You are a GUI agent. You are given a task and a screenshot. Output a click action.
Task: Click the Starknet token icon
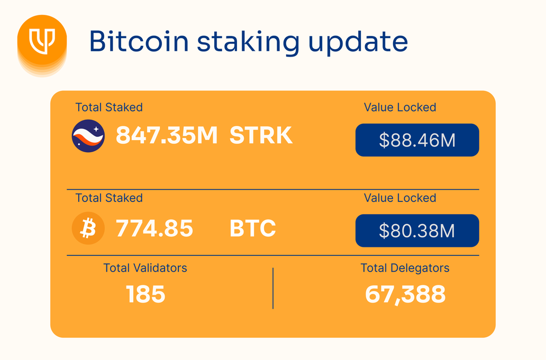click(x=88, y=136)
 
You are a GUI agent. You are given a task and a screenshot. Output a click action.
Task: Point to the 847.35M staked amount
click(x=167, y=136)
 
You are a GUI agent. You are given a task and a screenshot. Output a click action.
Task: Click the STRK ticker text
click(x=261, y=136)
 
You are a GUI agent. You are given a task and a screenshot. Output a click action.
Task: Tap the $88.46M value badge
click(x=417, y=140)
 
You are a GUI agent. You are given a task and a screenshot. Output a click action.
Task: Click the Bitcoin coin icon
click(x=88, y=229)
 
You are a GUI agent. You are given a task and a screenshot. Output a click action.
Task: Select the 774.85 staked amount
click(x=154, y=229)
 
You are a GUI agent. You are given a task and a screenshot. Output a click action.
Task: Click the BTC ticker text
click(x=253, y=229)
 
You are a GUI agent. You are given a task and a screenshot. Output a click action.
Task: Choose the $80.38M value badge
click(x=417, y=231)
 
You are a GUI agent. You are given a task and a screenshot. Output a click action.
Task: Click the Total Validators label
click(x=145, y=268)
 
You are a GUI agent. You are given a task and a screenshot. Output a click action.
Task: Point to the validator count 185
click(x=145, y=294)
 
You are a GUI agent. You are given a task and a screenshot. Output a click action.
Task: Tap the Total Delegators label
click(x=405, y=268)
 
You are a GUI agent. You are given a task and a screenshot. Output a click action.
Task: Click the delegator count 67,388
click(x=405, y=294)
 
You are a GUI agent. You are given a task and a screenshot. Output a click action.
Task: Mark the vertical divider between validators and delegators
click(x=273, y=288)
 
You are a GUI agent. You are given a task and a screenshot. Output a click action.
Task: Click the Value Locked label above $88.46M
click(x=400, y=107)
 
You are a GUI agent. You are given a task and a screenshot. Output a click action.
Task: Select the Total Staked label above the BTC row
click(x=109, y=198)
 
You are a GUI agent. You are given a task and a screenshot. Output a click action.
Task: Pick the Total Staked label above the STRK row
click(x=109, y=107)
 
